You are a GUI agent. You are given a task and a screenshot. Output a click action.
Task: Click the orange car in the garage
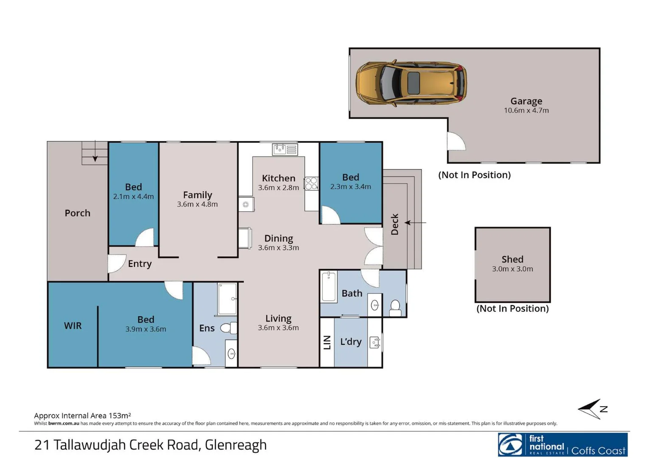[411, 83]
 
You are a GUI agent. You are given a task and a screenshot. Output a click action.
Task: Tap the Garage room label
[526, 101]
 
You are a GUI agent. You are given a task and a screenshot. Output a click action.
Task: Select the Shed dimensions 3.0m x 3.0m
[512, 269]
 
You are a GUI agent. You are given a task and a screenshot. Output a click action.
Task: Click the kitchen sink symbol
[285, 149]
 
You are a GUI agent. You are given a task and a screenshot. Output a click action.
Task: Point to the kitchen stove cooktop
[311, 183]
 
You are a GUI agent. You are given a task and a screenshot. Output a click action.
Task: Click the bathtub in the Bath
[329, 287]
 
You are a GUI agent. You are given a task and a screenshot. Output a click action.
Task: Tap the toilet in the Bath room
[395, 307]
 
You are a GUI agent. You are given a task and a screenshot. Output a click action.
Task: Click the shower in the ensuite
[227, 299]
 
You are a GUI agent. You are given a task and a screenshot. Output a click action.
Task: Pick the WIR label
[73, 326]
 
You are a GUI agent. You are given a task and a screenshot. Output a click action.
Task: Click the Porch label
[77, 213]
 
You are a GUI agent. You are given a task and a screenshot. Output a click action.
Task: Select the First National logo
[562, 445]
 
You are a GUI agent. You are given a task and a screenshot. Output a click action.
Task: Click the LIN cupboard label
[327, 342]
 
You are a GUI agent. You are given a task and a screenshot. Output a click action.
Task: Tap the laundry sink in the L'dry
[375, 342]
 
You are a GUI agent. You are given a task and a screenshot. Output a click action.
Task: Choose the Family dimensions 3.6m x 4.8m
[197, 204]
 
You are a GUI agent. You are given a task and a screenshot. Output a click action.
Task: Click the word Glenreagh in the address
[236, 445]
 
